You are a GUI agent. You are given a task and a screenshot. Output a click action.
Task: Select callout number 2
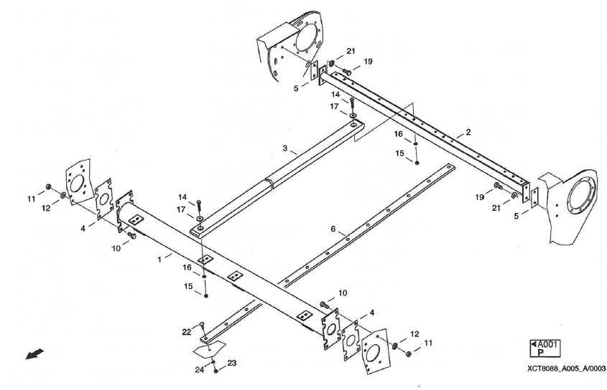coord(468,133)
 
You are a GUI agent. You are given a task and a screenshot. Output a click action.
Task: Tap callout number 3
coord(284,150)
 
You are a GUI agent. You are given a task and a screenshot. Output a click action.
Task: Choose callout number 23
coord(232,363)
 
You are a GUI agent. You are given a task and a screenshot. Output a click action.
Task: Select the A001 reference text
coord(545,343)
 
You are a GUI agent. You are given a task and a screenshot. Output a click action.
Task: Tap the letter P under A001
coord(540,353)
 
